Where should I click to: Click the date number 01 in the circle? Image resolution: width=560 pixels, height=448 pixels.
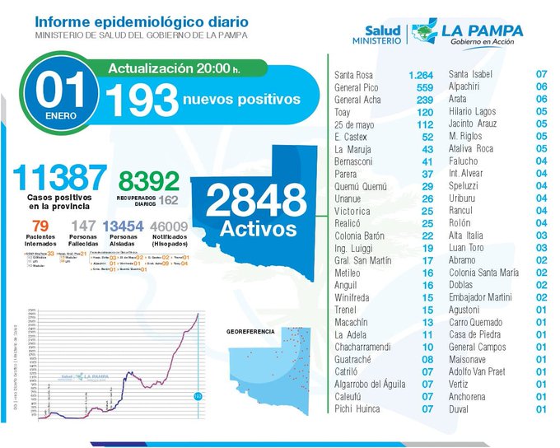point(62,92)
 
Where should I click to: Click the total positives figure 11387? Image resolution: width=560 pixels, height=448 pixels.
point(59,176)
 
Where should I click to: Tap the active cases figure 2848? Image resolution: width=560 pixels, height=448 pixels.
point(255,200)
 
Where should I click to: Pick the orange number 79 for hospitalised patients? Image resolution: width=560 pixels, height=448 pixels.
point(40,226)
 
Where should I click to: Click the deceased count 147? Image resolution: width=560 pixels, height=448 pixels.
point(85,226)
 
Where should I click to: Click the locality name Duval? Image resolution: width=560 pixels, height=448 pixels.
point(460,408)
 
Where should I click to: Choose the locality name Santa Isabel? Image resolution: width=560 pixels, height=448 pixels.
point(474,75)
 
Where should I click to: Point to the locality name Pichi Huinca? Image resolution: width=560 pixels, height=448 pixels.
point(357,408)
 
